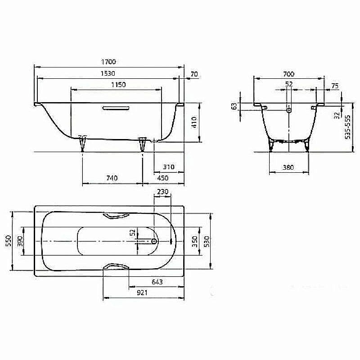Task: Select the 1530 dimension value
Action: pos(109,73)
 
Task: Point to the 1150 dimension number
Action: pos(117,85)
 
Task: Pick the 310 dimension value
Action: pos(169,167)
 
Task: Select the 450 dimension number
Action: pos(163,178)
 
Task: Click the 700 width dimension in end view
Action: pos(288,73)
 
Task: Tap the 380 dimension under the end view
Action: pos(288,167)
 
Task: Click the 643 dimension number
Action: pos(157,282)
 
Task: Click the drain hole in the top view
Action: pos(154,241)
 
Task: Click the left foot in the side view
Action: pos(83,143)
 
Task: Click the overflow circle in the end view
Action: pos(289,109)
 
